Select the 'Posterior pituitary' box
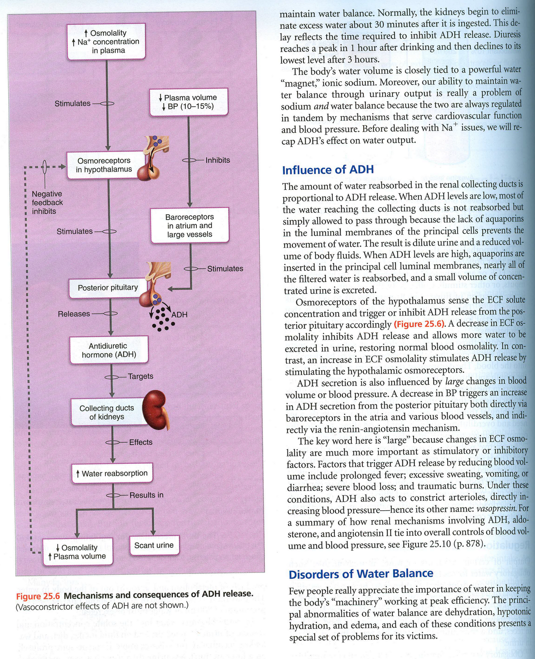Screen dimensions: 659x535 [x=108, y=287]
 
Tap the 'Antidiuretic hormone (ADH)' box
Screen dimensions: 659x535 [x=109, y=350]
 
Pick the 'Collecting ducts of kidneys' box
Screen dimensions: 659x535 [x=107, y=412]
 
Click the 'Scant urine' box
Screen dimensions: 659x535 [x=154, y=545]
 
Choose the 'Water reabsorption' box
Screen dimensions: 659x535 [x=112, y=473]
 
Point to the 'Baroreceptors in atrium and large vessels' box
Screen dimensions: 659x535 [x=189, y=226]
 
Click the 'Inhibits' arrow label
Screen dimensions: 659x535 [x=217, y=160]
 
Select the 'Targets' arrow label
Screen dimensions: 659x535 [x=140, y=376]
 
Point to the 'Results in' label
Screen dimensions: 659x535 [x=146, y=495]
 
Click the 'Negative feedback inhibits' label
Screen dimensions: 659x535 [x=47, y=203]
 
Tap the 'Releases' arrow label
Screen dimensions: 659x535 [x=74, y=314]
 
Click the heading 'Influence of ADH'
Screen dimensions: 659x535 [x=328, y=170]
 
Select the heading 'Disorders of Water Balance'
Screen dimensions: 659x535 [x=361, y=574]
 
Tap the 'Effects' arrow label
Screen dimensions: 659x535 [x=140, y=442]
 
